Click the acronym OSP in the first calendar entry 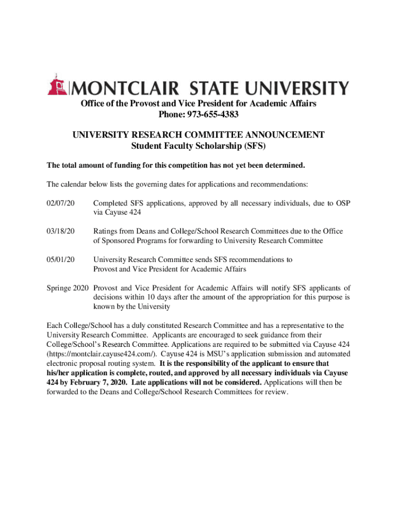(342, 204)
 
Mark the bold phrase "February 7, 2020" (95, 382)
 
